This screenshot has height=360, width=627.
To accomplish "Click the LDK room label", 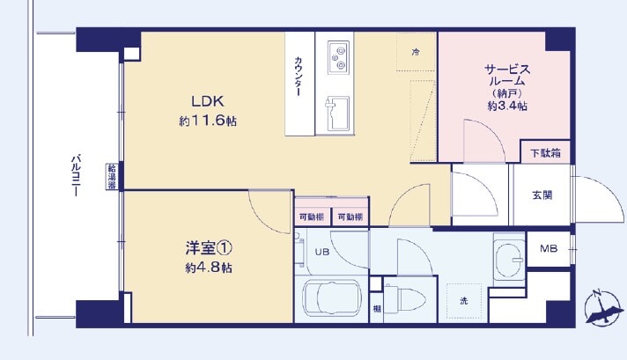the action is pos(208,101).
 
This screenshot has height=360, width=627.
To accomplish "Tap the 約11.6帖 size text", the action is pos(208,121).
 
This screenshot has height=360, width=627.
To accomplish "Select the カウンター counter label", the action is pos(299,77).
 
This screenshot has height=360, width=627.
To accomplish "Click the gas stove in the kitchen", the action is pos(338,57).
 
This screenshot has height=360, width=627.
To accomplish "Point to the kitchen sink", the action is pos(337,114).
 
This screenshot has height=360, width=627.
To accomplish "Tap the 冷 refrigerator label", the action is pos(416,52).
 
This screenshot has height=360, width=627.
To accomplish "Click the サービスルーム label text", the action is pos(507,75).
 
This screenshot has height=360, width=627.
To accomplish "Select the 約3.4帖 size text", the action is pos(507,106).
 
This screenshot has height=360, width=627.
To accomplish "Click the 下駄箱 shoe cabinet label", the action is pos(545,152).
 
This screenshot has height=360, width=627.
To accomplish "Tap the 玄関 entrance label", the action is pos(542,195).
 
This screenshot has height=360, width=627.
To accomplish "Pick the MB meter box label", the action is pos(549,249).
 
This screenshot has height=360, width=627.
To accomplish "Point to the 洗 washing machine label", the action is pos(464,301).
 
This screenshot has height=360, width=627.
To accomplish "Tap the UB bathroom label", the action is pos(322,252).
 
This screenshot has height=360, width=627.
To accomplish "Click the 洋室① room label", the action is pos(209,248).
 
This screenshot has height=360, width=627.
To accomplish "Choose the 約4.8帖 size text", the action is pos(209,268).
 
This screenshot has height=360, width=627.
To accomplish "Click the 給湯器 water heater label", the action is pos(112,177).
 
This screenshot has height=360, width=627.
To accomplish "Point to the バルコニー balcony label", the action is pos(76,175).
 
